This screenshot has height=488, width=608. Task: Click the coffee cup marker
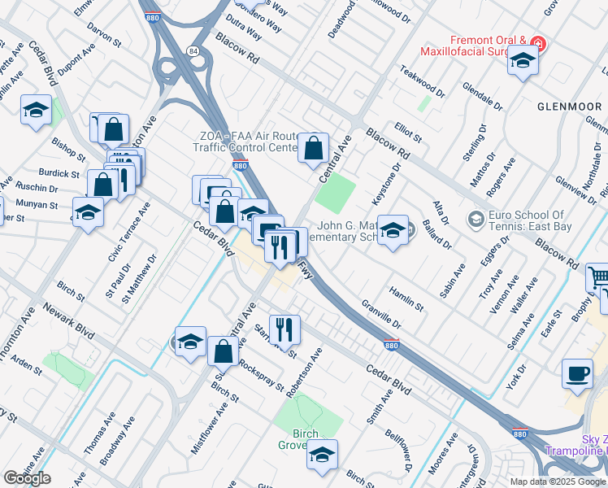click(x=577, y=374)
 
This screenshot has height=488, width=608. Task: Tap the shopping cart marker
click(x=598, y=279)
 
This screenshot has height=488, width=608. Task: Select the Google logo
click(x=27, y=478)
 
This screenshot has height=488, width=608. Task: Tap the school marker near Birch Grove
click(x=323, y=455)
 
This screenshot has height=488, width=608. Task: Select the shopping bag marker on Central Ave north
click(x=313, y=149)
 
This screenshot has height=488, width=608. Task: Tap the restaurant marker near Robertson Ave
click(x=284, y=329)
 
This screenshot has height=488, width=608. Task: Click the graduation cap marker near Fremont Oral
click(x=523, y=60)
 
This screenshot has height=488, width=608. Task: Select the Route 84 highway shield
click(x=192, y=51)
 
